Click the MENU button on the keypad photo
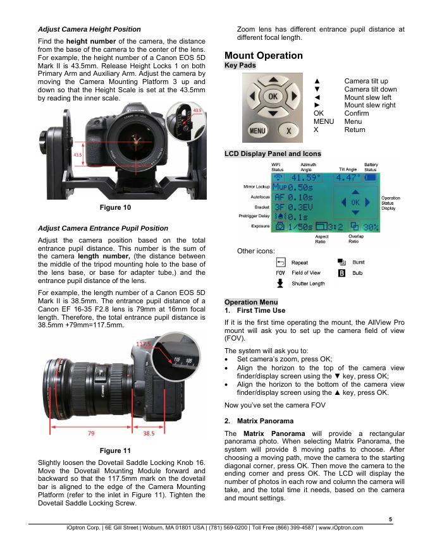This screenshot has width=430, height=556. pyautogui.click(x=257, y=131)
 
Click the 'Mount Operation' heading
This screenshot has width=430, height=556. pyautogui.click(x=263, y=56)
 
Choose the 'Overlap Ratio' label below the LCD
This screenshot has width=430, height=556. pyautogui.click(x=357, y=239)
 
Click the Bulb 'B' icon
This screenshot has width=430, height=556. pyautogui.click(x=342, y=272)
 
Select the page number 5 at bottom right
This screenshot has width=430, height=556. pyautogui.click(x=390, y=519)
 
